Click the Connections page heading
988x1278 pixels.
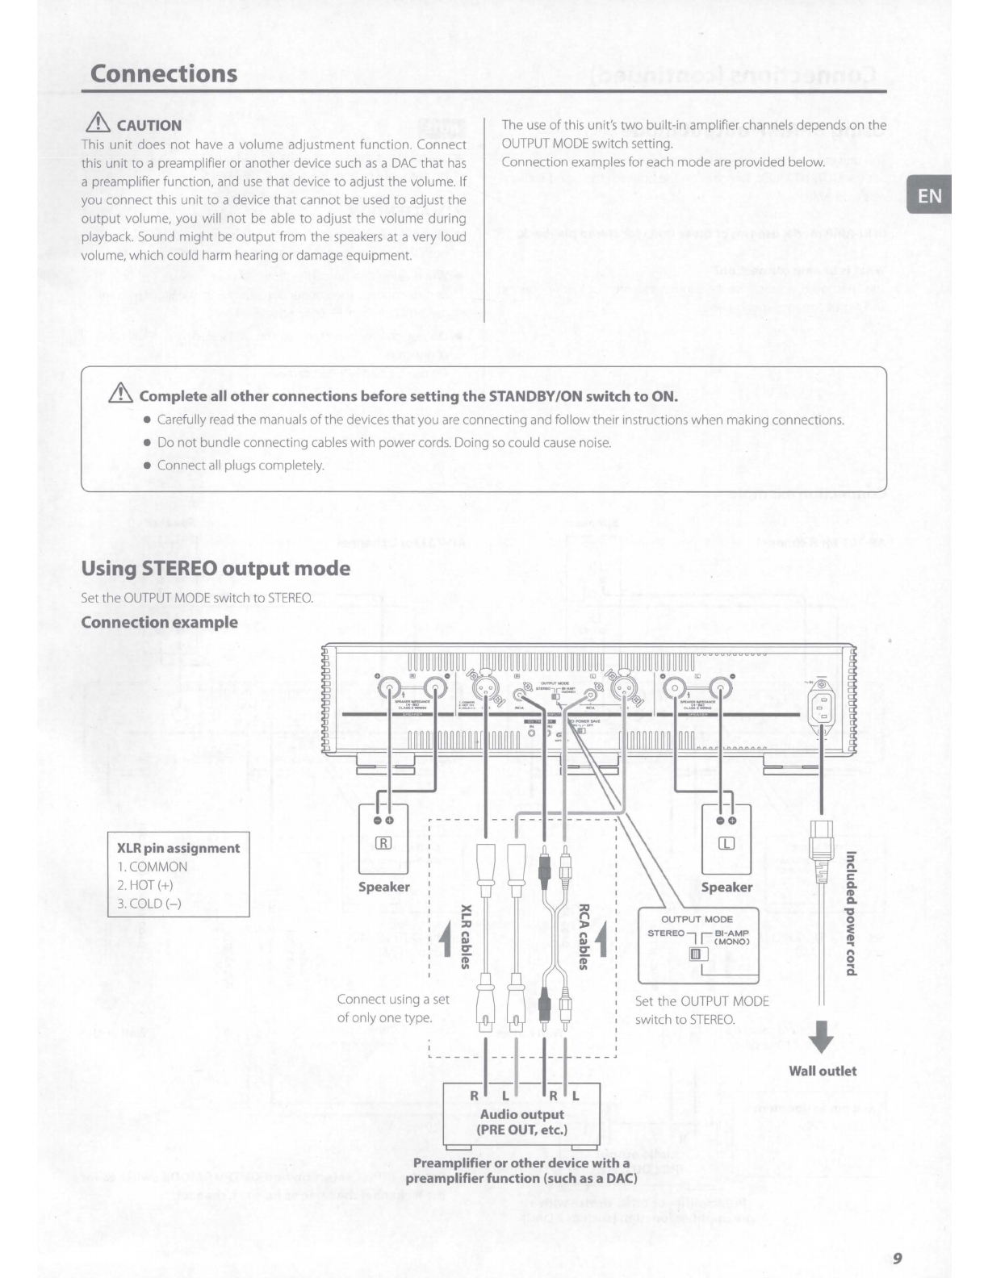[x=164, y=73]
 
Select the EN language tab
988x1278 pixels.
[x=929, y=196]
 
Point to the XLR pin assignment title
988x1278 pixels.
[x=178, y=848]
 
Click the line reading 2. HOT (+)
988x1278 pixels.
[x=145, y=885]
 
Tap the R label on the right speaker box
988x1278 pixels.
[x=384, y=844]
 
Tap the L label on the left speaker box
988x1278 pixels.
[x=726, y=844]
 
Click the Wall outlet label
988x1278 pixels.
[x=823, y=1071]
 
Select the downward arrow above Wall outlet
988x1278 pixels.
[x=821, y=1037]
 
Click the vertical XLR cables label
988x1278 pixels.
[x=466, y=936]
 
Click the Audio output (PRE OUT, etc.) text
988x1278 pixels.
[x=522, y=1121]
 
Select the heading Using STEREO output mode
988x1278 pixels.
[x=216, y=568]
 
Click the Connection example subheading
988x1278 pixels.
[x=160, y=622]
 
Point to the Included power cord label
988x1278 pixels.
[x=850, y=913]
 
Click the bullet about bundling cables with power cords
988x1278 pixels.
[x=384, y=442]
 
